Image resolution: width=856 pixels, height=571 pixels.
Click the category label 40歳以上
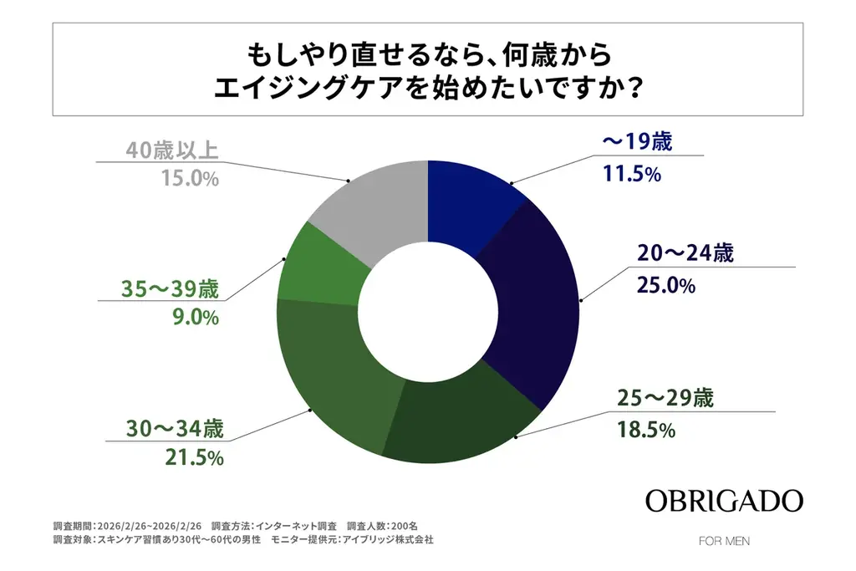(172, 150)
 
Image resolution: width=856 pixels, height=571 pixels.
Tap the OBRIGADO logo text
(724, 502)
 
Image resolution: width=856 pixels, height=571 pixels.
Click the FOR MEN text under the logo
(724, 541)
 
